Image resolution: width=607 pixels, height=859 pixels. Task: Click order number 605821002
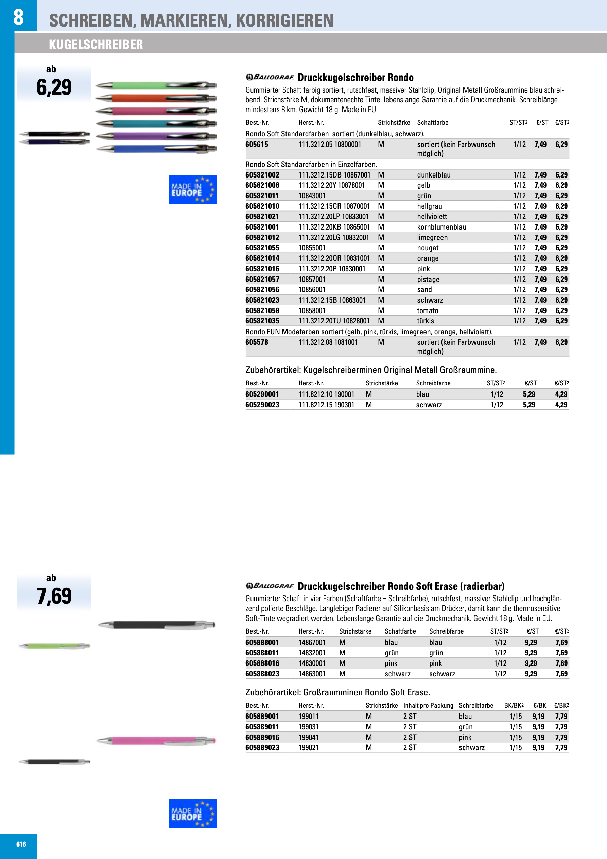point(262,175)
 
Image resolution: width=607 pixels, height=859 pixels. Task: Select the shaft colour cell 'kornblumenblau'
point(441,227)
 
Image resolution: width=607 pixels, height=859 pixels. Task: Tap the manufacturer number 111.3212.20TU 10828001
point(334,321)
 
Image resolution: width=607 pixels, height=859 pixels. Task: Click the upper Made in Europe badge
point(192,189)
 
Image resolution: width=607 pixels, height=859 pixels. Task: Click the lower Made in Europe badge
point(192,814)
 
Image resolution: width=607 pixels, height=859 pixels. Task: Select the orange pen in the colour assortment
point(156,98)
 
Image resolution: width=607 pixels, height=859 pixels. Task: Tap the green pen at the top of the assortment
point(156,86)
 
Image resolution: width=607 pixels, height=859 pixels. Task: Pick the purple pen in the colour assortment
point(156,136)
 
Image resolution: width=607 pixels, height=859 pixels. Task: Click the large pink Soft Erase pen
point(156,740)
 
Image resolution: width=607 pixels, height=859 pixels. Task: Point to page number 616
point(21,844)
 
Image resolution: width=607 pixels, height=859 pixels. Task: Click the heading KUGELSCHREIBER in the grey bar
point(96,45)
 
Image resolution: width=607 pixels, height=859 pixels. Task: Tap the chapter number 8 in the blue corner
point(18,17)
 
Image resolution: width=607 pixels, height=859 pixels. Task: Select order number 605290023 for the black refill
point(262,405)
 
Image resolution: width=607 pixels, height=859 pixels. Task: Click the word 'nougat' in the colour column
point(428,248)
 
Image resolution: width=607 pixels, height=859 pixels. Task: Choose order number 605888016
point(262,663)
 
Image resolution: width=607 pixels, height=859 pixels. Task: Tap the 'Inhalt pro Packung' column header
point(428,706)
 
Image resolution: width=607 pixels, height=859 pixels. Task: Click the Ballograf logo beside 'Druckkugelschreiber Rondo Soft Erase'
point(270,586)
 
